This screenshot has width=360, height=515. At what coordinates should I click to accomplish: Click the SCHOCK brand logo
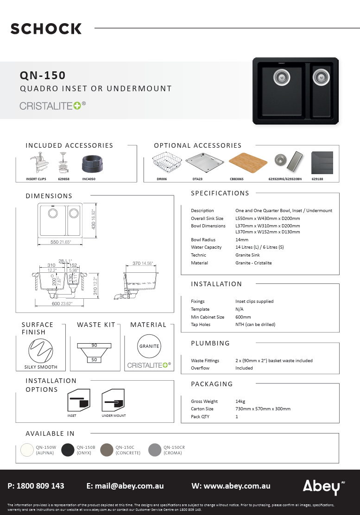tap(46, 29)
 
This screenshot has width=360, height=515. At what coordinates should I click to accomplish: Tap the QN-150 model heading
tap(43, 75)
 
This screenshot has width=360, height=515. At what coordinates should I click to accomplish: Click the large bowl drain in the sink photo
tap(281, 78)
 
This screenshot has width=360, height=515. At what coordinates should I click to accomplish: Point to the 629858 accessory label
tap(64, 178)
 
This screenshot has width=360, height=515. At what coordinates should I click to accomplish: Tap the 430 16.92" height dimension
tap(94, 219)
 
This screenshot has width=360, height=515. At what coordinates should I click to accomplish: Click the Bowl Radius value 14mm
tap(242, 240)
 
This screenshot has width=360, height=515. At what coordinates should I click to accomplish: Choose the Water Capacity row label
tap(206, 247)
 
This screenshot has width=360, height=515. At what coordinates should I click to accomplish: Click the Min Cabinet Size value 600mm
tap(243, 317)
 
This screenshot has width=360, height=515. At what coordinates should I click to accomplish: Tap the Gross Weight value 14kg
tap(241, 402)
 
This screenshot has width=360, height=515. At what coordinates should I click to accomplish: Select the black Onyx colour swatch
tap(68, 450)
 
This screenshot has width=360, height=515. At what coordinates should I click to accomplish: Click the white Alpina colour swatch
tap(27, 450)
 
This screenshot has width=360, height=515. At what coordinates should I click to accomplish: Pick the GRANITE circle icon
tap(149, 346)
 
